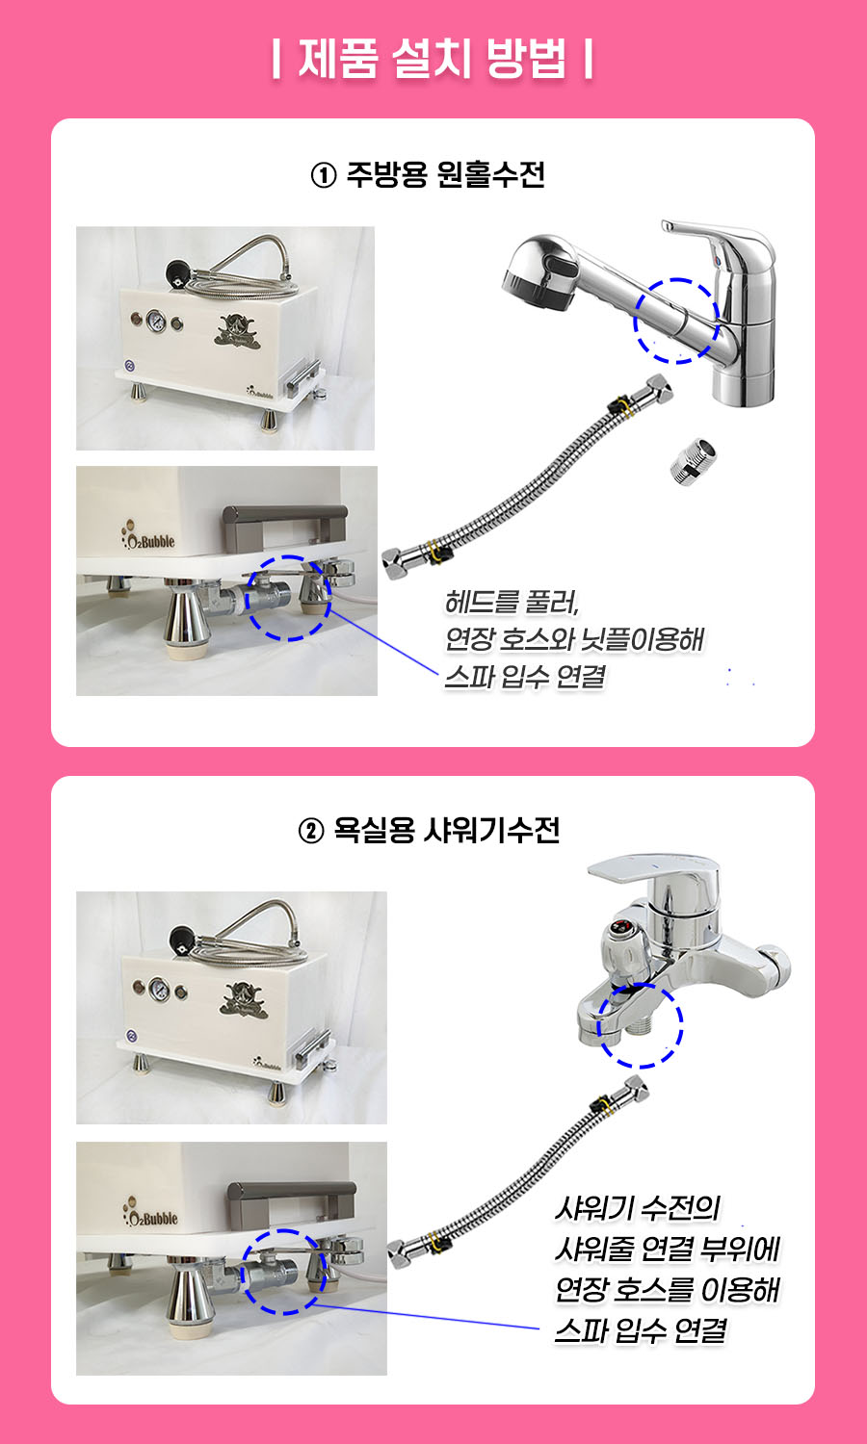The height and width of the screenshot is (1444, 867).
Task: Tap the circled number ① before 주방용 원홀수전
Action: pos(324,174)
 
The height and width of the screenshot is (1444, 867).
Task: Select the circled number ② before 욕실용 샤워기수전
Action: pos(311,831)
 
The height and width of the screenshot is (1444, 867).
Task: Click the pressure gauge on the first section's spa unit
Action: pos(155,321)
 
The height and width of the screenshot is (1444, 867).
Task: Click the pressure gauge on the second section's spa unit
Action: pos(159,989)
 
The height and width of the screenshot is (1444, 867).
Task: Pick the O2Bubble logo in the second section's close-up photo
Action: pos(149,1213)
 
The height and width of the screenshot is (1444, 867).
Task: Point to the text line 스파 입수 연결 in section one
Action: pos(525,677)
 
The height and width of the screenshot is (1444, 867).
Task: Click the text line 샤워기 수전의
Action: pos(638,1208)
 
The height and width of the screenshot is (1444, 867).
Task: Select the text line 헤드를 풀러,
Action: pos(512,602)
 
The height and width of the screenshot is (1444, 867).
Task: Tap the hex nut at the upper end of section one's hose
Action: pos(656,389)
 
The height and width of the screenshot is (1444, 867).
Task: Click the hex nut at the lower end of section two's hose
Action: pos(402,1253)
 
